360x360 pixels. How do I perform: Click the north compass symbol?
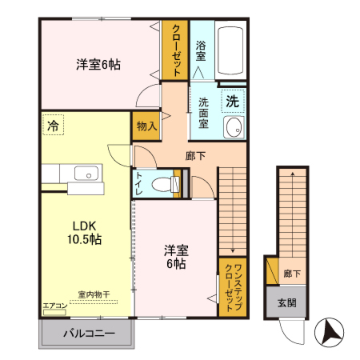(330, 330)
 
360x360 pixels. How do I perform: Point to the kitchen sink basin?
(84, 173)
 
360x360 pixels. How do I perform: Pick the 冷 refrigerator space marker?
(53, 126)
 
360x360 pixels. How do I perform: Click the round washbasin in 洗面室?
(234, 129)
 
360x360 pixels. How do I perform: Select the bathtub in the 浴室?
(232, 50)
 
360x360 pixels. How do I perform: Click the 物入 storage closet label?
(146, 126)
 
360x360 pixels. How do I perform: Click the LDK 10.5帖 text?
(83, 233)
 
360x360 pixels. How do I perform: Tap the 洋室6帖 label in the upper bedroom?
(98, 64)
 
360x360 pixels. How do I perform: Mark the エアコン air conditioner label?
(55, 305)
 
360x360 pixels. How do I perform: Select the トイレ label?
(140, 183)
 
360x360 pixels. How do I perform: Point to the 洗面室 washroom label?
(203, 114)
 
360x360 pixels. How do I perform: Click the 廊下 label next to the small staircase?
(292, 274)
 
